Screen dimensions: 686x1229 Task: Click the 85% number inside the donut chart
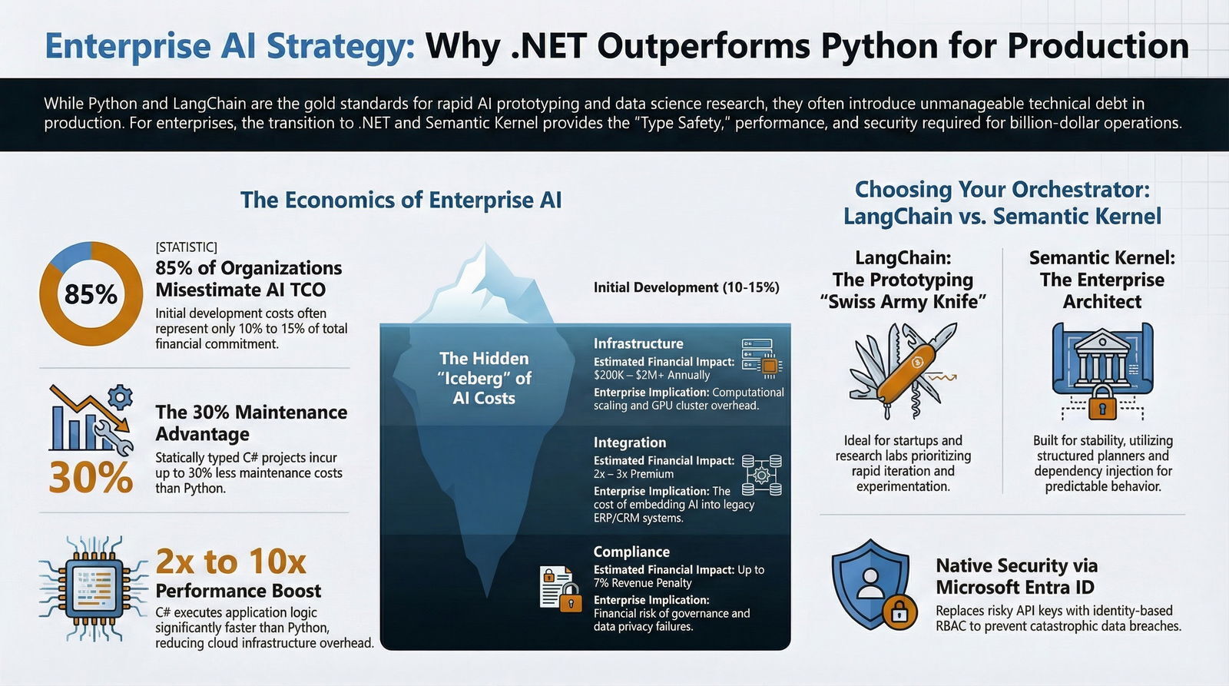coord(91,294)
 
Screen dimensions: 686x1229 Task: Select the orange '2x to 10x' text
coord(230,562)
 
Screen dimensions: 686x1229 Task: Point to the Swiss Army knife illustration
coord(903,372)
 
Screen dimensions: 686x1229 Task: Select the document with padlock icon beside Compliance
coord(559,589)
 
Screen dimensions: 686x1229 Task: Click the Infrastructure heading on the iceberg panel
coord(638,343)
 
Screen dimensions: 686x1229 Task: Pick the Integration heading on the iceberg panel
coord(629,442)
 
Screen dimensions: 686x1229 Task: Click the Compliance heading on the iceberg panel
coord(631,552)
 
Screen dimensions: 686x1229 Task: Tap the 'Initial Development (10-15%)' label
coord(686,287)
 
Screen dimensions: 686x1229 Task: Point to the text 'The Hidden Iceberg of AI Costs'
coord(484,378)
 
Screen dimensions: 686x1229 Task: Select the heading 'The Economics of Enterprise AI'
coord(401,200)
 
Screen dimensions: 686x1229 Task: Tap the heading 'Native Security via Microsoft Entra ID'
coord(1015,576)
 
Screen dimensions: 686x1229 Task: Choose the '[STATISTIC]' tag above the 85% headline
coord(186,247)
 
